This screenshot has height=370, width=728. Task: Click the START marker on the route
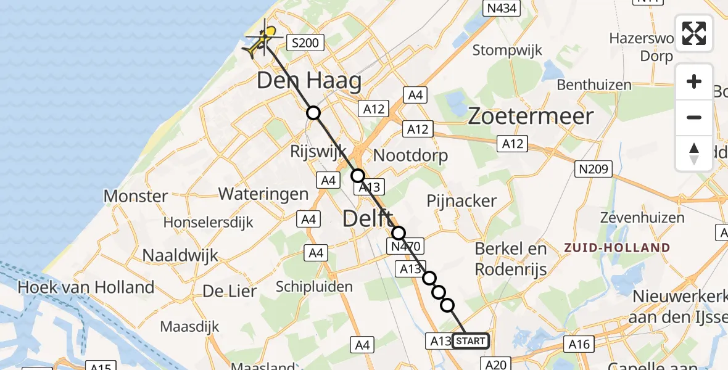pyautogui.click(x=471, y=341)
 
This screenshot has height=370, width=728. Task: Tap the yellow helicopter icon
pyautogui.click(x=262, y=41)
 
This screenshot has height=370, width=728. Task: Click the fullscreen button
pyautogui.click(x=694, y=33)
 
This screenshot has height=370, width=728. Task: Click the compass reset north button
pyautogui.click(x=694, y=154)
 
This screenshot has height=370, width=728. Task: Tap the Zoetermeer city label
pyautogui.click(x=531, y=116)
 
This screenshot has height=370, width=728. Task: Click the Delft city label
pyautogui.click(x=367, y=218)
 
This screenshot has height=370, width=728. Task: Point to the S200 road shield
pyautogui.click(x=305, y=43)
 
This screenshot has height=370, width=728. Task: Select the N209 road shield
pyautogui.click(x=593, y=169)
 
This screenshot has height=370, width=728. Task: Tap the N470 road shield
pyautogui.click(x=406, y=247)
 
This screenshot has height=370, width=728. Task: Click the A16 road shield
pyautogui.click(x=579, y=344)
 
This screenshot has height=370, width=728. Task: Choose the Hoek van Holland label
pyautogui.click(x=86, y=287)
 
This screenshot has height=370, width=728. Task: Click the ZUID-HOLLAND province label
pyautogui.click(x=617, y=248)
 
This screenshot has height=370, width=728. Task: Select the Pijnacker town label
pyautogui.click(x=461, y=200)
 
